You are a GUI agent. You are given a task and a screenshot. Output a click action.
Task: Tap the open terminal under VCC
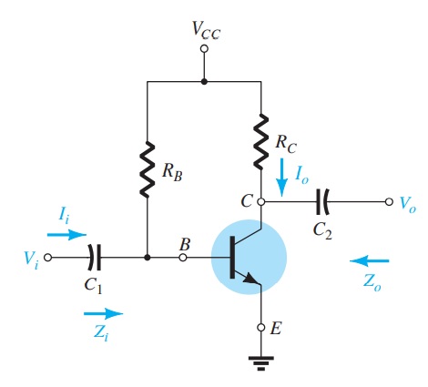point(204,47)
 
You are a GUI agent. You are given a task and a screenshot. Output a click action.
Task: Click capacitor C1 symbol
point(95,258)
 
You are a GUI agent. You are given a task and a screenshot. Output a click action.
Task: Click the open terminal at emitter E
point(261,326)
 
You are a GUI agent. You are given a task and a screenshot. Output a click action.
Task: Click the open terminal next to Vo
point(389,202)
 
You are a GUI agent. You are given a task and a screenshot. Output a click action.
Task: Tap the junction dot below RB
point(147,258)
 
